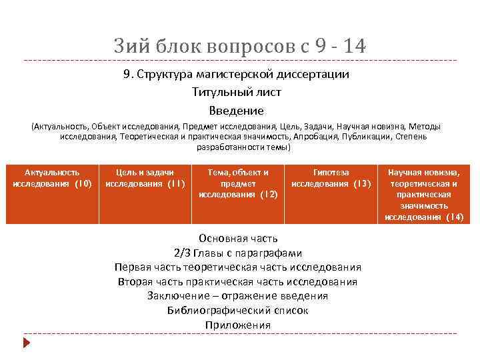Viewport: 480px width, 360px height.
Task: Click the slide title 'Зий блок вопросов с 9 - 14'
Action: coord(239,47)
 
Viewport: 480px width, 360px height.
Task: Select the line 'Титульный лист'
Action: coord(236,93)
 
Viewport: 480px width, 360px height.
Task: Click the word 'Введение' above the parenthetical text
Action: coord(236,110)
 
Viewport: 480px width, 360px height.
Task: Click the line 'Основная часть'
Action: coord(238,238)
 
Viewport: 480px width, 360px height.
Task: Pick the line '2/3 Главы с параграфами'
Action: coord(237,253)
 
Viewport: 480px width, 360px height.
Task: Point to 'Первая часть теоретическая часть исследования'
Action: coord(237,267)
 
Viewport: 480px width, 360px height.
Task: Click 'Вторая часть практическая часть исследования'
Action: coord(237,281)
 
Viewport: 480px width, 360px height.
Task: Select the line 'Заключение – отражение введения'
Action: coord(237,296)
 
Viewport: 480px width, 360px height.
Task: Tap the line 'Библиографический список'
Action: coord(237,311)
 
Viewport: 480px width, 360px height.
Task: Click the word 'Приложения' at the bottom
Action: coord(237,325)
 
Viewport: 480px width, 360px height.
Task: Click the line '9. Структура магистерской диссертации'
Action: coord(236,75)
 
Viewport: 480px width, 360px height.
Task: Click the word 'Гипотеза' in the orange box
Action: coord(331,173)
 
